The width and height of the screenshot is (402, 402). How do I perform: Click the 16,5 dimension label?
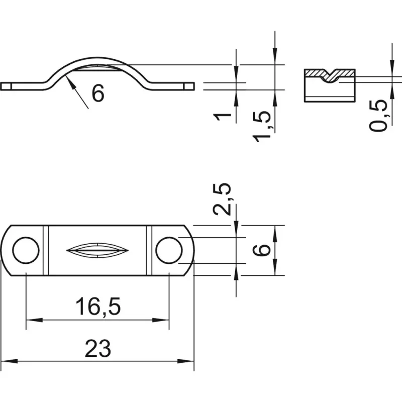coord(98,307)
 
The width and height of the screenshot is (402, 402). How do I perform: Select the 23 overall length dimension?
coord(98,349)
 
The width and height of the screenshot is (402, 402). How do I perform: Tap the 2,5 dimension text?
coord(222,198)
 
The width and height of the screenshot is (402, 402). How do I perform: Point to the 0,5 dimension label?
coord(378,116)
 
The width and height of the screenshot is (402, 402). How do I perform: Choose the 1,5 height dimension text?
coord(262,127)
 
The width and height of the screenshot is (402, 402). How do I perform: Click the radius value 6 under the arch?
coord(98,93)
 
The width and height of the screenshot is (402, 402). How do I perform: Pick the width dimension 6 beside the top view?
coord(261,250)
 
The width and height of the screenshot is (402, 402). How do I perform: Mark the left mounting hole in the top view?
coord(26,250)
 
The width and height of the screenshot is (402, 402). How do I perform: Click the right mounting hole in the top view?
coord(169,250)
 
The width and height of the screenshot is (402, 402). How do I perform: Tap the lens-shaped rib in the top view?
coord(97,250)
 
